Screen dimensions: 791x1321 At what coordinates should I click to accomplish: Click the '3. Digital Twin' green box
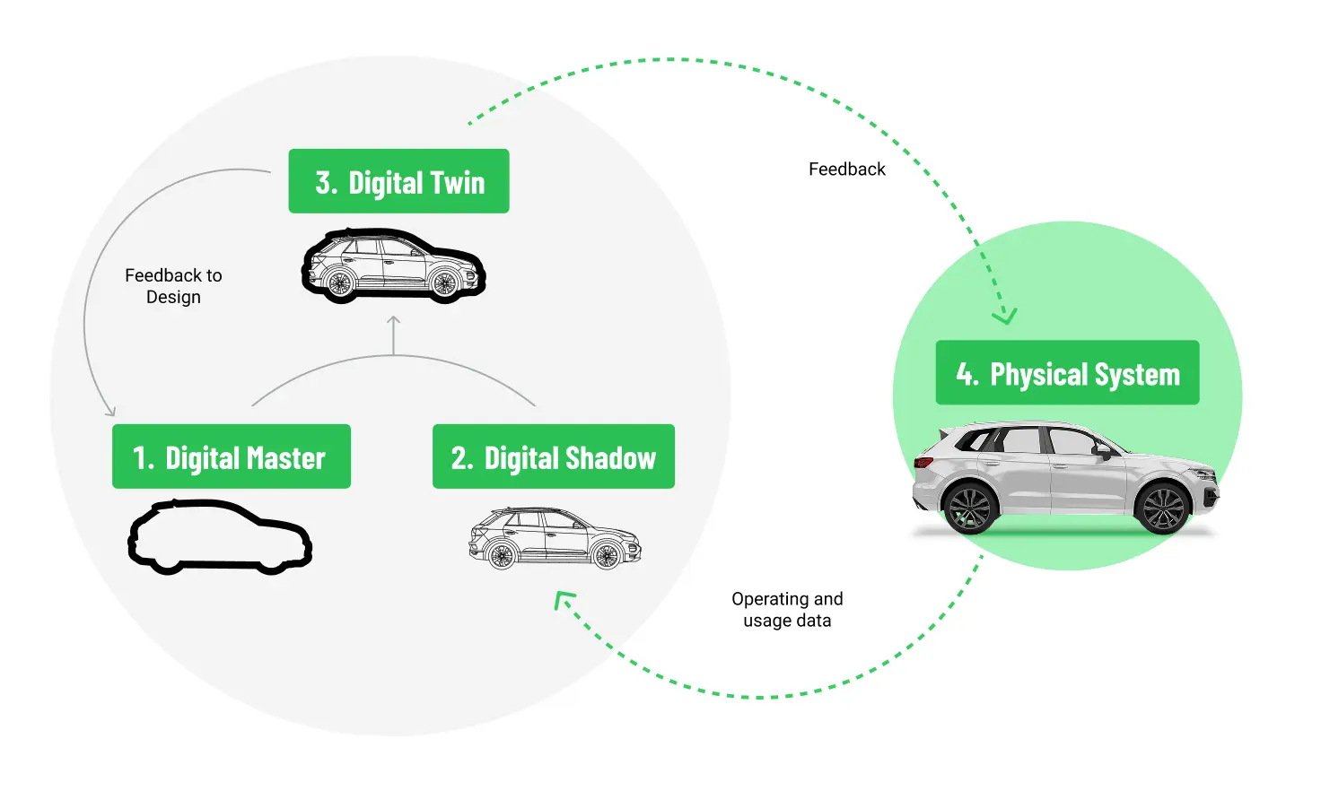[x=398, y=181]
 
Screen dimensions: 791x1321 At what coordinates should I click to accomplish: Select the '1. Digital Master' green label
[x=231, y=456]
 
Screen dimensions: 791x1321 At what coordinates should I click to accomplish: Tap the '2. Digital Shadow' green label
[x=553, y=456]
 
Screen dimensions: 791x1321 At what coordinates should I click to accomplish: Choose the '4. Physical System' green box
[x=1067, y=372]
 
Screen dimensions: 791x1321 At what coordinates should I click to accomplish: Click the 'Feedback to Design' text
[x=173, y=286]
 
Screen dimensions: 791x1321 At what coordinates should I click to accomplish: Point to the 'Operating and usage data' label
[x=787, y=610]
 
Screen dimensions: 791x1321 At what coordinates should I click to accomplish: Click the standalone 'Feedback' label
[x=846, y=169]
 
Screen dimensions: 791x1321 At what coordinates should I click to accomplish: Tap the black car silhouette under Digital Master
[x=220, y=536]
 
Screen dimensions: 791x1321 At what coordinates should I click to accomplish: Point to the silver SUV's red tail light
[x=923, y=463]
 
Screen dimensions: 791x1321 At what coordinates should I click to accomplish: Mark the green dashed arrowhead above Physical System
[x=1004, y=316]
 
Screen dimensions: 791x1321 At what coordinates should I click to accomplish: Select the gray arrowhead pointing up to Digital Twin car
[x=393, y=320]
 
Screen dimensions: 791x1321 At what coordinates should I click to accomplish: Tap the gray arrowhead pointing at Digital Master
[x=110, y=412]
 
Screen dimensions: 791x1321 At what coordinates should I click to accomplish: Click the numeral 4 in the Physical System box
[x=966, y=373]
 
